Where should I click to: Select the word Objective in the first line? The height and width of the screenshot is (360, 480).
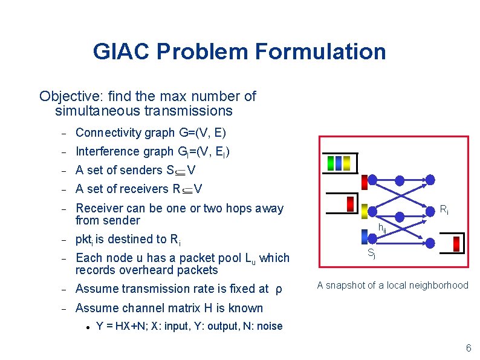point(65,96)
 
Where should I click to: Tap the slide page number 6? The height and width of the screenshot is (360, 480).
point(468,349)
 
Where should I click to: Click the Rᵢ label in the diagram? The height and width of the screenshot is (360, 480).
point(443,210)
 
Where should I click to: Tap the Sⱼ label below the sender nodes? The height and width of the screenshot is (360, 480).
point(372,255)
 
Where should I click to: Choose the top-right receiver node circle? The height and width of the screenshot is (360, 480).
point(430,179)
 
